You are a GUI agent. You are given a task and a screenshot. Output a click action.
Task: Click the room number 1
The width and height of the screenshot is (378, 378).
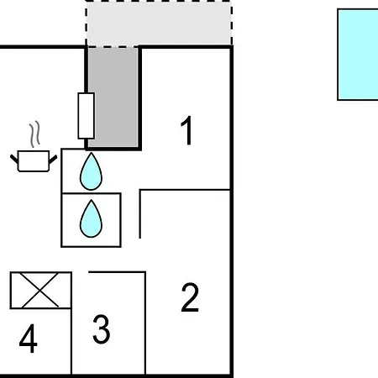[x=186, y=130]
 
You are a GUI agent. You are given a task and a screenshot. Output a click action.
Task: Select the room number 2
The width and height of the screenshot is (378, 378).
[x=190, y=297]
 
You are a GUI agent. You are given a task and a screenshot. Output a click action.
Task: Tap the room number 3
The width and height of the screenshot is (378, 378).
[x=102, y=329]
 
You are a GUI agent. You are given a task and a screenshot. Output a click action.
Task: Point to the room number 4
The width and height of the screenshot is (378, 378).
[x=29, y=339]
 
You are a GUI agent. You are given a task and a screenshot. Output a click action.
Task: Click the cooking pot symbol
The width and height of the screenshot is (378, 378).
[x=34, y=160]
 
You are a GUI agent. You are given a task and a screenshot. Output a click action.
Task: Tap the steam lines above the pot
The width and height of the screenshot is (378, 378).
[x=35, y=134]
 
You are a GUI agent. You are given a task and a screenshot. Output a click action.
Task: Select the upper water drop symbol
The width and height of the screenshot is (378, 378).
[x=91, y=171]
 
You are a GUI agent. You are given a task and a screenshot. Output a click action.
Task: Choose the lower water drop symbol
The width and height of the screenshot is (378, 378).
[x=91, y=218]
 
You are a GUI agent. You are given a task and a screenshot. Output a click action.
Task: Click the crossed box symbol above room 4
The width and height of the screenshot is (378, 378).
[x=40, y=290]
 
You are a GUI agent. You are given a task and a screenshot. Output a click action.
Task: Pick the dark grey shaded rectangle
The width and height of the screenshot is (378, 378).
[x=113, y=97]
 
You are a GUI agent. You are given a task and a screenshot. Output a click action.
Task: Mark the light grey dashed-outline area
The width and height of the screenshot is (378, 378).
[x=159, y=23]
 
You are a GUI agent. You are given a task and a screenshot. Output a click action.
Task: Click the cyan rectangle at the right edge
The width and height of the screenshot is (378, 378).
[x=358, y=55]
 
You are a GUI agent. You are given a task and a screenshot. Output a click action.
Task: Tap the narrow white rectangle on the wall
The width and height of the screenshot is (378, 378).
[x=87, y=116]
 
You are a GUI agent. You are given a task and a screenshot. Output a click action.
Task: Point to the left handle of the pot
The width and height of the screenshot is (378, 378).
[x=14, y=159]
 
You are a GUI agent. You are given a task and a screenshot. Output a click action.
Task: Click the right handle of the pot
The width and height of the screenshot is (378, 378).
[x=53, y=160]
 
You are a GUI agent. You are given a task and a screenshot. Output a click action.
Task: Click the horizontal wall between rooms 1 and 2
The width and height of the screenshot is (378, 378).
[x=185, y=190]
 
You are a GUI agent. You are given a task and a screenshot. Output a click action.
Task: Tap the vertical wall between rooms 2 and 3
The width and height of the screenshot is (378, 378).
[x=145, y=323]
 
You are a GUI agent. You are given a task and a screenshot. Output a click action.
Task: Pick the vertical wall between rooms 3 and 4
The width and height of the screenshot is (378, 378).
[x=71, y=323]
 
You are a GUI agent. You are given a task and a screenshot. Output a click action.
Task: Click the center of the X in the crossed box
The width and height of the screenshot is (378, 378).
[x=40, y=290]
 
